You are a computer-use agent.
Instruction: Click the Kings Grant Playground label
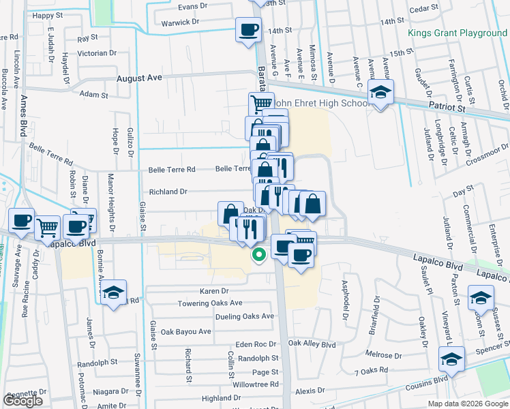tap(457, 33)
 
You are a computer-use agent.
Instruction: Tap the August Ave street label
tap(139, 78)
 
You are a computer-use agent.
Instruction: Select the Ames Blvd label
tap(23, 107)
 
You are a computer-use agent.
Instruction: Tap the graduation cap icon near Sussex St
tap(481, 298)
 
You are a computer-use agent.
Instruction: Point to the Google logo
tap(22, 401)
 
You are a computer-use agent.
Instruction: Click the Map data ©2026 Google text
tap(467, 404)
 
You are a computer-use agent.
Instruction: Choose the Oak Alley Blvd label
tap(312, 345)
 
